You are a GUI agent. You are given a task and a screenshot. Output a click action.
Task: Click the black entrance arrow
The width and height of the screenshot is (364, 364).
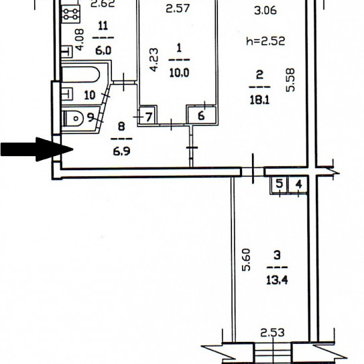[x=37, y=149]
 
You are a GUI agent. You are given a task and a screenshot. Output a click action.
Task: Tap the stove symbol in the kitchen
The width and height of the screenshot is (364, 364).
[x=71, y=14]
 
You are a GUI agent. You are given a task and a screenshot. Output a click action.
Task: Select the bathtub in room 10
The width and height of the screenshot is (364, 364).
[x=81, y=74]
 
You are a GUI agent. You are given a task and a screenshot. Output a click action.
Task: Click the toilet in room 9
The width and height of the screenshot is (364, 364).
[x=72, y=119]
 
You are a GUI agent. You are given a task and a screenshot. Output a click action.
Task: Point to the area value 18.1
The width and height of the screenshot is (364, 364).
[x=259, y=101]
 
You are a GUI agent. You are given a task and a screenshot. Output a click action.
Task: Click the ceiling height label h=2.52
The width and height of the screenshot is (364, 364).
[x=265, y=42]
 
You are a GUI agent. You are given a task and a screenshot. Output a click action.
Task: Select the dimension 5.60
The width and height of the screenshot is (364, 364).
[x=246, y=260]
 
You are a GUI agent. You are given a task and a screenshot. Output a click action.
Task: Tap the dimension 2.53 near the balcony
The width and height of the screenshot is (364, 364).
[x=272, y=332]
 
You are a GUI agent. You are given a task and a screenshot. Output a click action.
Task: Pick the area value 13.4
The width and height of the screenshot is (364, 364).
[x=277, y=280]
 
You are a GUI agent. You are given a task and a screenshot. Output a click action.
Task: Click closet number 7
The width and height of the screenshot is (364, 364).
[x=149, y=117]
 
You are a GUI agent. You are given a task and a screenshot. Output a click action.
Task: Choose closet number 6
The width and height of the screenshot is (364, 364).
[x=202, y=115]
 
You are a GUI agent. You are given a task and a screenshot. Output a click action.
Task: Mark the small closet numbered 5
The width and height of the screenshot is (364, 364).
[x=280, y=184]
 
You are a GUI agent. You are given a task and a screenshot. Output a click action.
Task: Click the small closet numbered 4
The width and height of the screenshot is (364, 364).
[x=298, y=184]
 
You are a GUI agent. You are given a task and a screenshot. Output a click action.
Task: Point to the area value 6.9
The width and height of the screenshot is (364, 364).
[x=121, y=151]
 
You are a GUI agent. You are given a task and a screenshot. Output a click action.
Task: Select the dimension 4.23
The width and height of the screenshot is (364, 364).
[x=154, y=60]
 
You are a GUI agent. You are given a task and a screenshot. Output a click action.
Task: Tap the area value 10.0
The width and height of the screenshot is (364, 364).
[x=179, y=72]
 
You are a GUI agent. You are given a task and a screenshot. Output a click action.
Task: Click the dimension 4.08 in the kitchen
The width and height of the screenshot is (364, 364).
[x=79, y=40]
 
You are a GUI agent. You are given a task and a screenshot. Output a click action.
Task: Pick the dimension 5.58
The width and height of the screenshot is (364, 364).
[x=290, y=80]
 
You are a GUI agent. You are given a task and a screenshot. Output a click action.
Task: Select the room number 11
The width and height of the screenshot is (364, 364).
[x=103, y=25]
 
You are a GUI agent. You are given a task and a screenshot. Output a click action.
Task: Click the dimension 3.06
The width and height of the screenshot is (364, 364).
[x=265, y=11]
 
